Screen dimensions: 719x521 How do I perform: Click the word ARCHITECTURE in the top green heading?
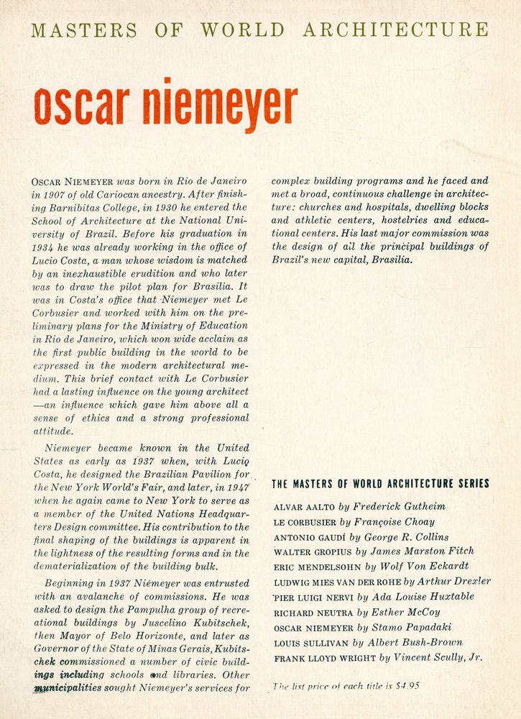(395, 30)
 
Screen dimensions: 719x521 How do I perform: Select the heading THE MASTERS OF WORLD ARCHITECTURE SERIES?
(380, 484)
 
